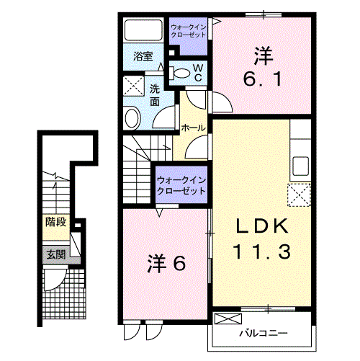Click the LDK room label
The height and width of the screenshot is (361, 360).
click(262, 226)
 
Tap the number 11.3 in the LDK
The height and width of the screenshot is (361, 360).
click(261, 252)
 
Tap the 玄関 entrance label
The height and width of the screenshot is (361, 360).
click(55, 254)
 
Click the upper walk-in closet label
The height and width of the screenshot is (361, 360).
click(187, 32)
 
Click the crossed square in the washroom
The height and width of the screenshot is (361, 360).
click(134, 86)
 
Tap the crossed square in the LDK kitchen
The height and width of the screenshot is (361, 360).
click(299, 195)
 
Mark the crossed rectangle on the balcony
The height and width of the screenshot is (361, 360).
click(228, 318)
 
